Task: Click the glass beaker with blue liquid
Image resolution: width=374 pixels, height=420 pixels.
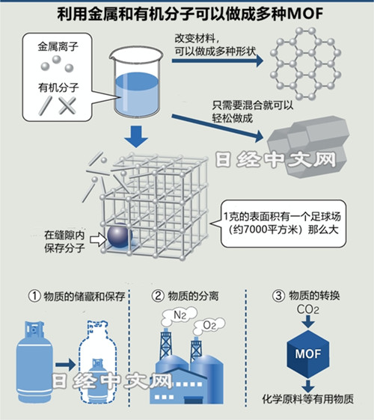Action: pos(136,83)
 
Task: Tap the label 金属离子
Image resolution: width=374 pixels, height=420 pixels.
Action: pos(58,46)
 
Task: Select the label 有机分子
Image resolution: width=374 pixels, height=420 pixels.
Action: pos(58,87)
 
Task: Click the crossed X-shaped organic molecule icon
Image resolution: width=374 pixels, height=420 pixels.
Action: pos(67,105)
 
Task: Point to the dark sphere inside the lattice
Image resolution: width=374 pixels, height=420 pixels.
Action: pos(120,235)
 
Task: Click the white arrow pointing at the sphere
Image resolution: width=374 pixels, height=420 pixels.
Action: pos(98,239)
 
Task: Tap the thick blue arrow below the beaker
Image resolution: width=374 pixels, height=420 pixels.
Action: pos(136,136)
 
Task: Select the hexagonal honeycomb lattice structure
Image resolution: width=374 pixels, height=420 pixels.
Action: pos(305,64)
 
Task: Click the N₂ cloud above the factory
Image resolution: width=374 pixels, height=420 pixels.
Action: pos(180,315)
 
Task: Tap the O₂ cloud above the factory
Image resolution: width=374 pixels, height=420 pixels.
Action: pos(209,325)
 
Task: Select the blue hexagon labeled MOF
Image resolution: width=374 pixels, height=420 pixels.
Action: pos(308,353)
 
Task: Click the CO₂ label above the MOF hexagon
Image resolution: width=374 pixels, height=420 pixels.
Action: pos(307,309)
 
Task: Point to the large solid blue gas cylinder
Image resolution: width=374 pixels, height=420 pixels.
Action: pos(34,362)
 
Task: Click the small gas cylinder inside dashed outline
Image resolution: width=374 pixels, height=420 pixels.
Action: pos(98,380)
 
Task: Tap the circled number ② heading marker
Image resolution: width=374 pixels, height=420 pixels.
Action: pos(158,296)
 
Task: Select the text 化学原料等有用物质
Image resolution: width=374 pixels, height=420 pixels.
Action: pos(307,399)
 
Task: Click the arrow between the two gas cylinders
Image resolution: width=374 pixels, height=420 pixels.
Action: pos(66,364)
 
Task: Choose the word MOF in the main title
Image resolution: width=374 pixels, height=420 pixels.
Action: pos(304,14)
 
